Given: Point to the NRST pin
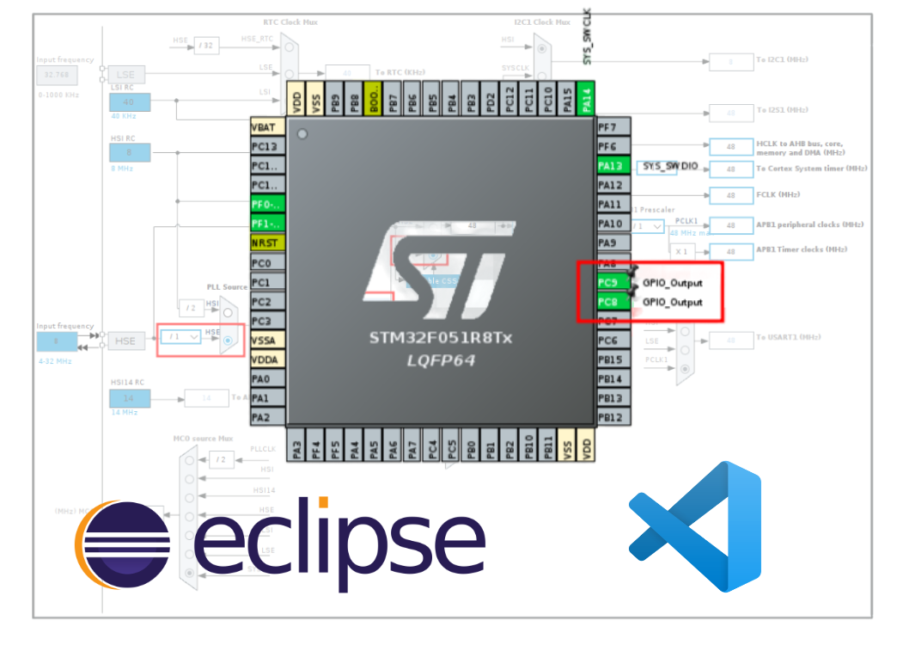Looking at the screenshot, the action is point(266,243).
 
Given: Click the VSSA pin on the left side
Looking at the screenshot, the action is point(266,340).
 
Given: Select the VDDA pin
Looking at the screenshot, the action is point(266,359).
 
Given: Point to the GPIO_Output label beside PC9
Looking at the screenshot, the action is point(672,283).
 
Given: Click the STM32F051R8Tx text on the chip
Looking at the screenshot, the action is point(440,338).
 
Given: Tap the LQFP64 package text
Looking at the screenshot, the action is point(441,359).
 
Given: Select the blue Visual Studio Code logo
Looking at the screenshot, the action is point(695,525).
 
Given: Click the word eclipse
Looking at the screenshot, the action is point(339,537).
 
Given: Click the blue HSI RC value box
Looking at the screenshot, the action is point(129,153).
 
